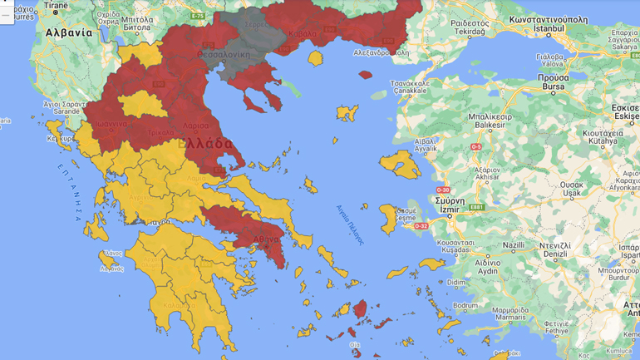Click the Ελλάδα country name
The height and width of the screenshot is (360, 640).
[204, 143]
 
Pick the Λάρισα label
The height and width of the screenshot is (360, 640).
[196, 125]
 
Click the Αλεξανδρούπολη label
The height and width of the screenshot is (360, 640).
[382, 52]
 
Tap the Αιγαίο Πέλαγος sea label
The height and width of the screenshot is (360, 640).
[350, 224]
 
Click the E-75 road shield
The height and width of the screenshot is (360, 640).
[197, 16]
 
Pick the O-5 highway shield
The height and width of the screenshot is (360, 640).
[475, 147]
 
